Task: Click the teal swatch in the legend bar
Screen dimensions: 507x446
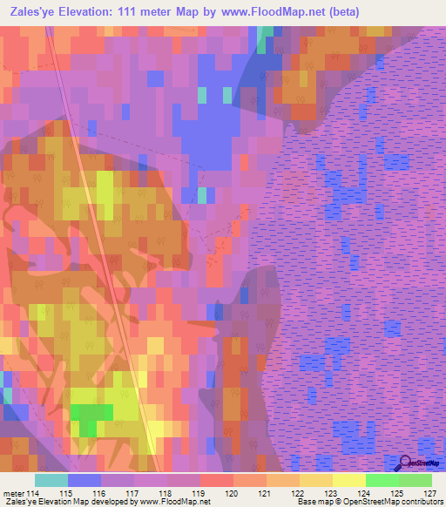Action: tap(51, 480)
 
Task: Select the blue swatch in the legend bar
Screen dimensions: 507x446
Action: tap(84, 480)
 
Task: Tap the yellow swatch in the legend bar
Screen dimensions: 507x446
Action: tap(349, 480)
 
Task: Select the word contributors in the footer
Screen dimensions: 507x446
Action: tap(418, 502)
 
